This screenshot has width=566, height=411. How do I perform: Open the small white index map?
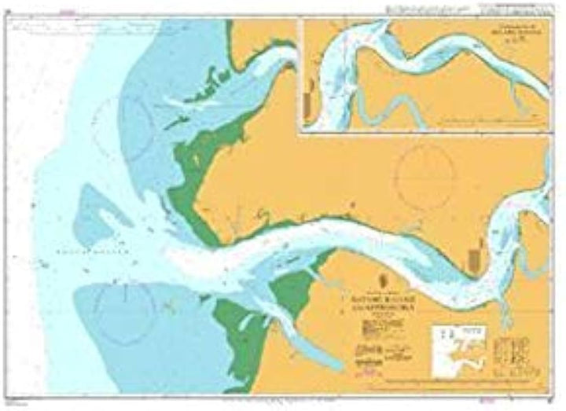[460, 347]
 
